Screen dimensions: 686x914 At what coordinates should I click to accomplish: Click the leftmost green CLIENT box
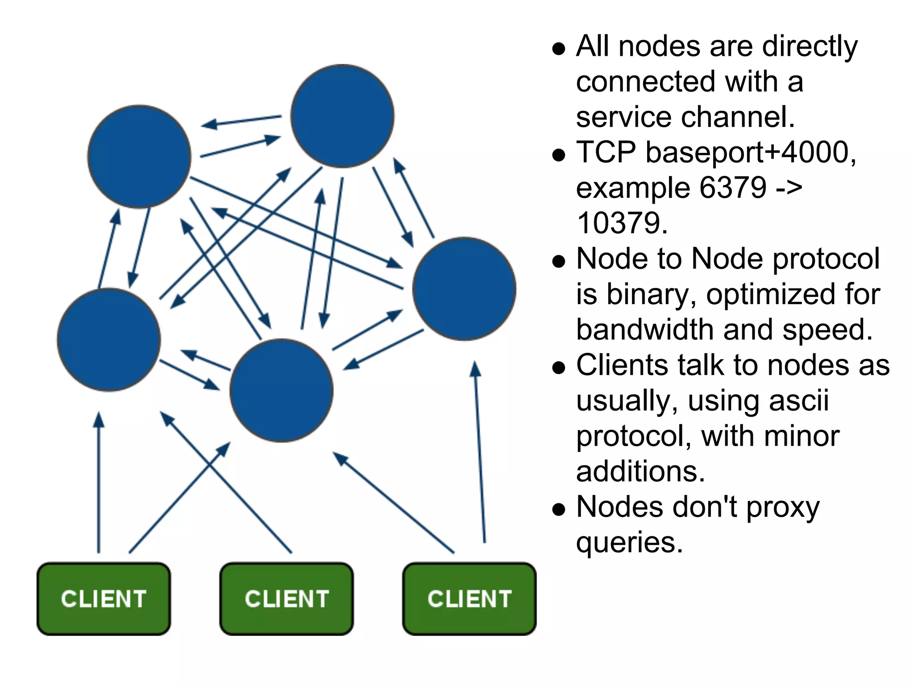click(104, 598)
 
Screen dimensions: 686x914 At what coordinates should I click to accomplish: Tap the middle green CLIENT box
click(287, 598)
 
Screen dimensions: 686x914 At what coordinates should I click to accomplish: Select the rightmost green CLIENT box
click(469, 598)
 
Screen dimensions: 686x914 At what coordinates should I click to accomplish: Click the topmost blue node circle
click(342, 116)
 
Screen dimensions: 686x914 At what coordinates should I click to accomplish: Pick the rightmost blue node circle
click(464, 289)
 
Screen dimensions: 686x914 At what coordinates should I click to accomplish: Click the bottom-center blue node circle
click(282, 390)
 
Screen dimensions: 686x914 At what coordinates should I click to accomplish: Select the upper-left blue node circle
click(139, 157)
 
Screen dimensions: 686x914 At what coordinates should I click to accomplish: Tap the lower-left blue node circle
click(109, 340)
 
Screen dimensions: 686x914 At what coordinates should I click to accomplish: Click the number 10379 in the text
click(622, 223)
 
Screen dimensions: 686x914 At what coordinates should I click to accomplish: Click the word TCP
click(606, 152)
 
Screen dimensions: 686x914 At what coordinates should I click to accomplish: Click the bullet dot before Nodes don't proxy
click(558, 509)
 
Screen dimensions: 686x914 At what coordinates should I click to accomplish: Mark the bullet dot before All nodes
click(558, 48)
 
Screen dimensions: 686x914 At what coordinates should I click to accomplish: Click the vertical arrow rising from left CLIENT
click(99, 482)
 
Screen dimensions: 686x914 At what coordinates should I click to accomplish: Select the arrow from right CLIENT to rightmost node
click(480, 451)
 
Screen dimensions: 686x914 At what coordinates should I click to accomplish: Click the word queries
click(629, 543)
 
